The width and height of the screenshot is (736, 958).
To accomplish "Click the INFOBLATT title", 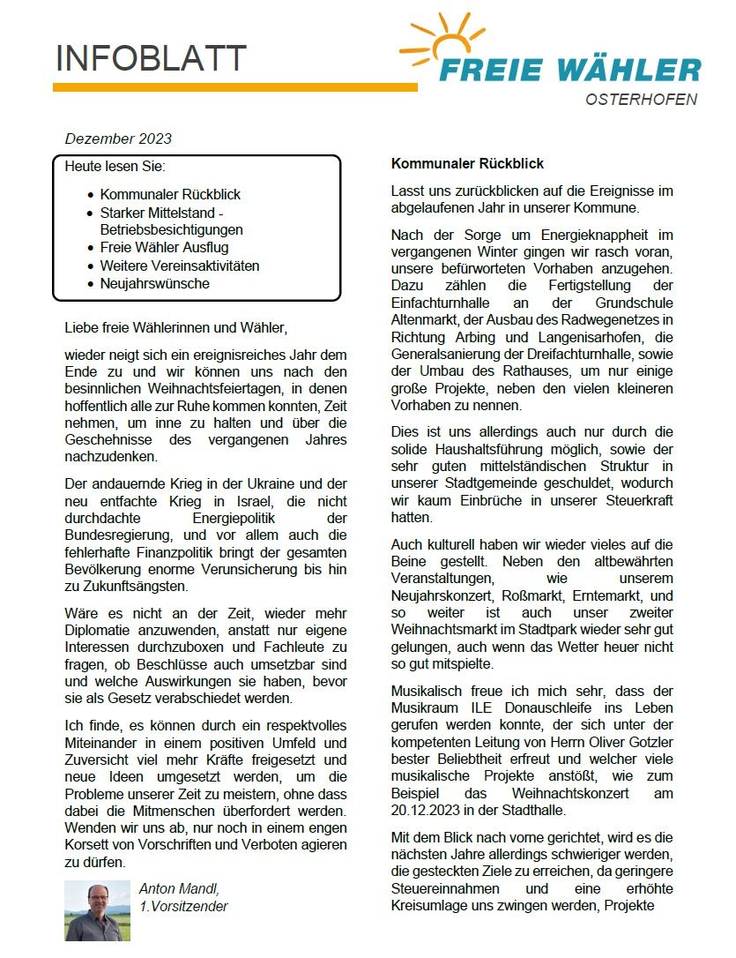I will [x=151, y=58].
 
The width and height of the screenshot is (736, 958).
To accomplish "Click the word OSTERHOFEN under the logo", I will [x=641, y=100].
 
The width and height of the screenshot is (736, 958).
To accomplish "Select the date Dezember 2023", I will [x=118, y=138].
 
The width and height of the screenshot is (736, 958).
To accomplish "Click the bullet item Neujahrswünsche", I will [x=155, y=283].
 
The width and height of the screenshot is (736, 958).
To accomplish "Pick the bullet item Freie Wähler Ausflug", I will [x=170, y=248].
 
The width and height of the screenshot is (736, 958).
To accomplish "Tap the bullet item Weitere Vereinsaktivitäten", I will [x=180, y=266].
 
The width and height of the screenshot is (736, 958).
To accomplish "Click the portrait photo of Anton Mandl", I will [x=97, y=909].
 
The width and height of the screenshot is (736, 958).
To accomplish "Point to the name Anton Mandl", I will [x=182, y=888].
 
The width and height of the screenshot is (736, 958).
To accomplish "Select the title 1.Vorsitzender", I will [x=183, y=906].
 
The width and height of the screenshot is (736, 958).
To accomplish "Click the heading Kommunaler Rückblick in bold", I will [x=467, y=164].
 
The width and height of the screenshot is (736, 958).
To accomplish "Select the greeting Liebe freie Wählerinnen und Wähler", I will [x=176, y=328].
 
